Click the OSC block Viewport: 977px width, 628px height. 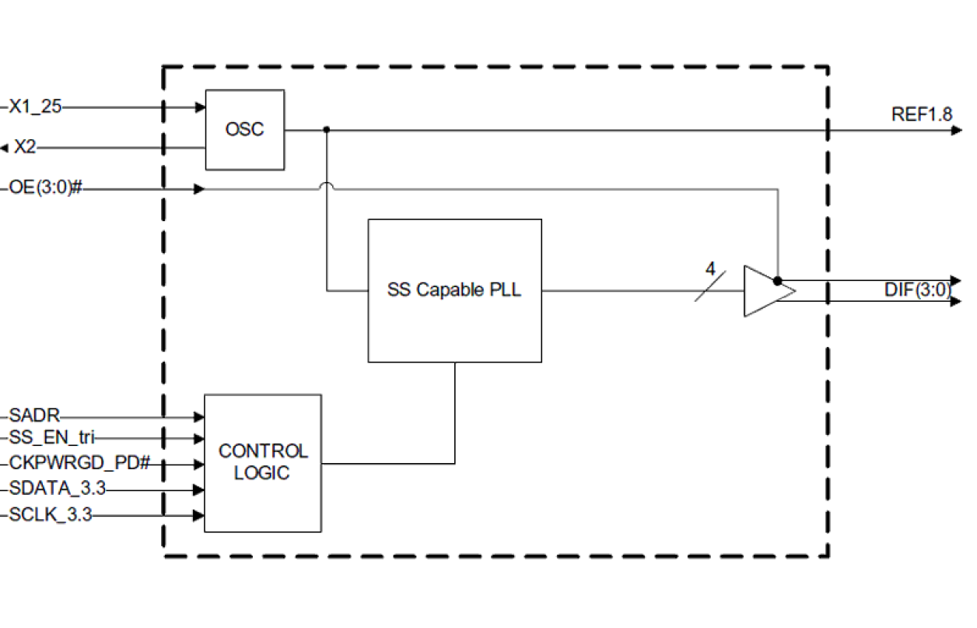[244, 129]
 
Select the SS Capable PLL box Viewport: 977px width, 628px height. [454, 290]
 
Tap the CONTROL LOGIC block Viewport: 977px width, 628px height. [262, 463]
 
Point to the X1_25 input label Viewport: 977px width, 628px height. [34, 107]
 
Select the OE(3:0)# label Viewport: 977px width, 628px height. [45, 188]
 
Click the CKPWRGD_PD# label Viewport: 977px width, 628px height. [79, 464]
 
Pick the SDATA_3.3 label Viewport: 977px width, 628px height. [57, 489]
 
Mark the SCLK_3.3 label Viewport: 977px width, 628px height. [50, 515]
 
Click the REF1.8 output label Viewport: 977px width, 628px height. [921, 114]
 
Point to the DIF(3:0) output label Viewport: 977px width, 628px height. [917, 290]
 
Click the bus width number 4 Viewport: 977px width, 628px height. [709, 269]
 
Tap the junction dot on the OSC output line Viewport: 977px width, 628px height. [327, 130]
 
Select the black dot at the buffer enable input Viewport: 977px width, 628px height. [777, 280]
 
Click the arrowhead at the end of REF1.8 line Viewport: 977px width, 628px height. [956, 130]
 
